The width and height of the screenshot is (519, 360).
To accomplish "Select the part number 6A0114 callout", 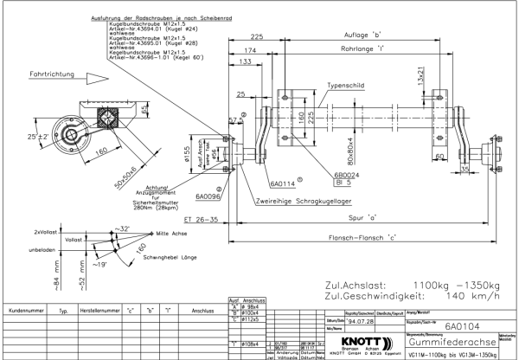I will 283,183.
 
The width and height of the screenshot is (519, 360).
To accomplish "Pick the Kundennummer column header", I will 25,307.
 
